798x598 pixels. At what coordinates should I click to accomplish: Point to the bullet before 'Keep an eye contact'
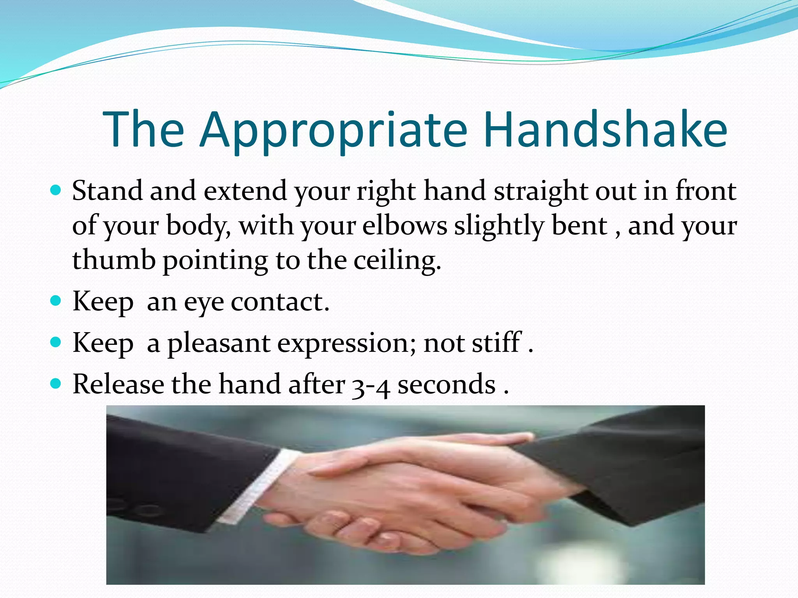(56, 301)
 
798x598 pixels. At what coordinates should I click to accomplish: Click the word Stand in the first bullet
(107, 191)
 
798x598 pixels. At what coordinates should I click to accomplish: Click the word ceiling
(397, 261)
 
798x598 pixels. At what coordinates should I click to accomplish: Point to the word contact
(280, 302)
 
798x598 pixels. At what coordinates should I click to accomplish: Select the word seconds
(446, 385)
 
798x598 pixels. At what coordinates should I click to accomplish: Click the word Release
(118, 384)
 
